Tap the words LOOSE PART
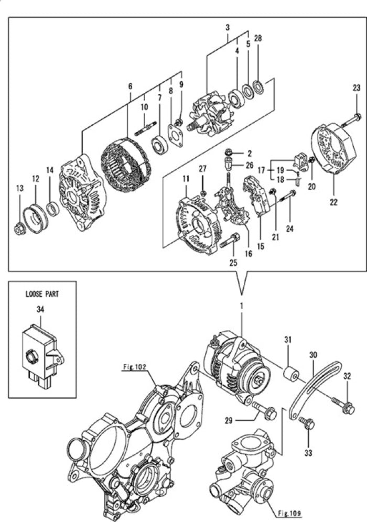coord(41,294)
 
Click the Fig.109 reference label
coord(287,513)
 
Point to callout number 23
coord(356,88)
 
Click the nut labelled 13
coord(19,229)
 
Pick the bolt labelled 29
coord(265,412)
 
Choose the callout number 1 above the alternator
coord(242,304)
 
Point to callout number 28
coord(258,38)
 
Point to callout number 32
coord(347,376)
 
